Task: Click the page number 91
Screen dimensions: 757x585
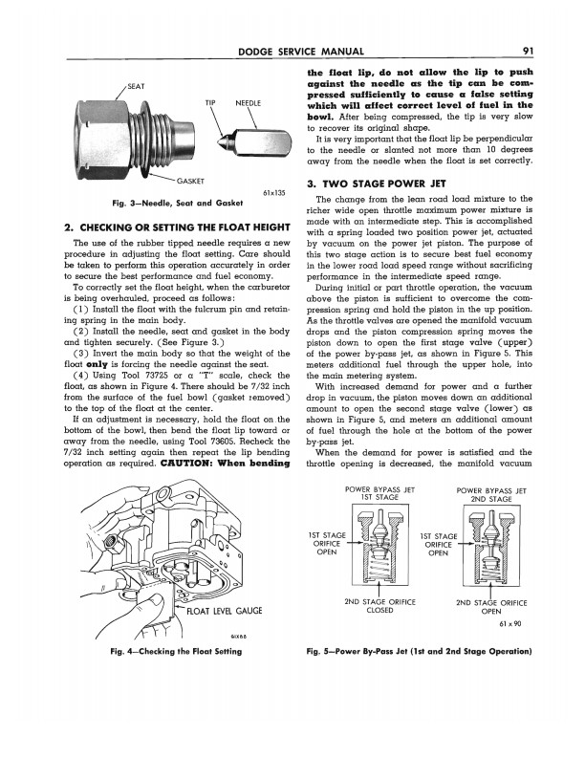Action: [x=528, y=53]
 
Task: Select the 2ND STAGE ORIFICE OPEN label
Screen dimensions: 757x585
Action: [x=492, y=605]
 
